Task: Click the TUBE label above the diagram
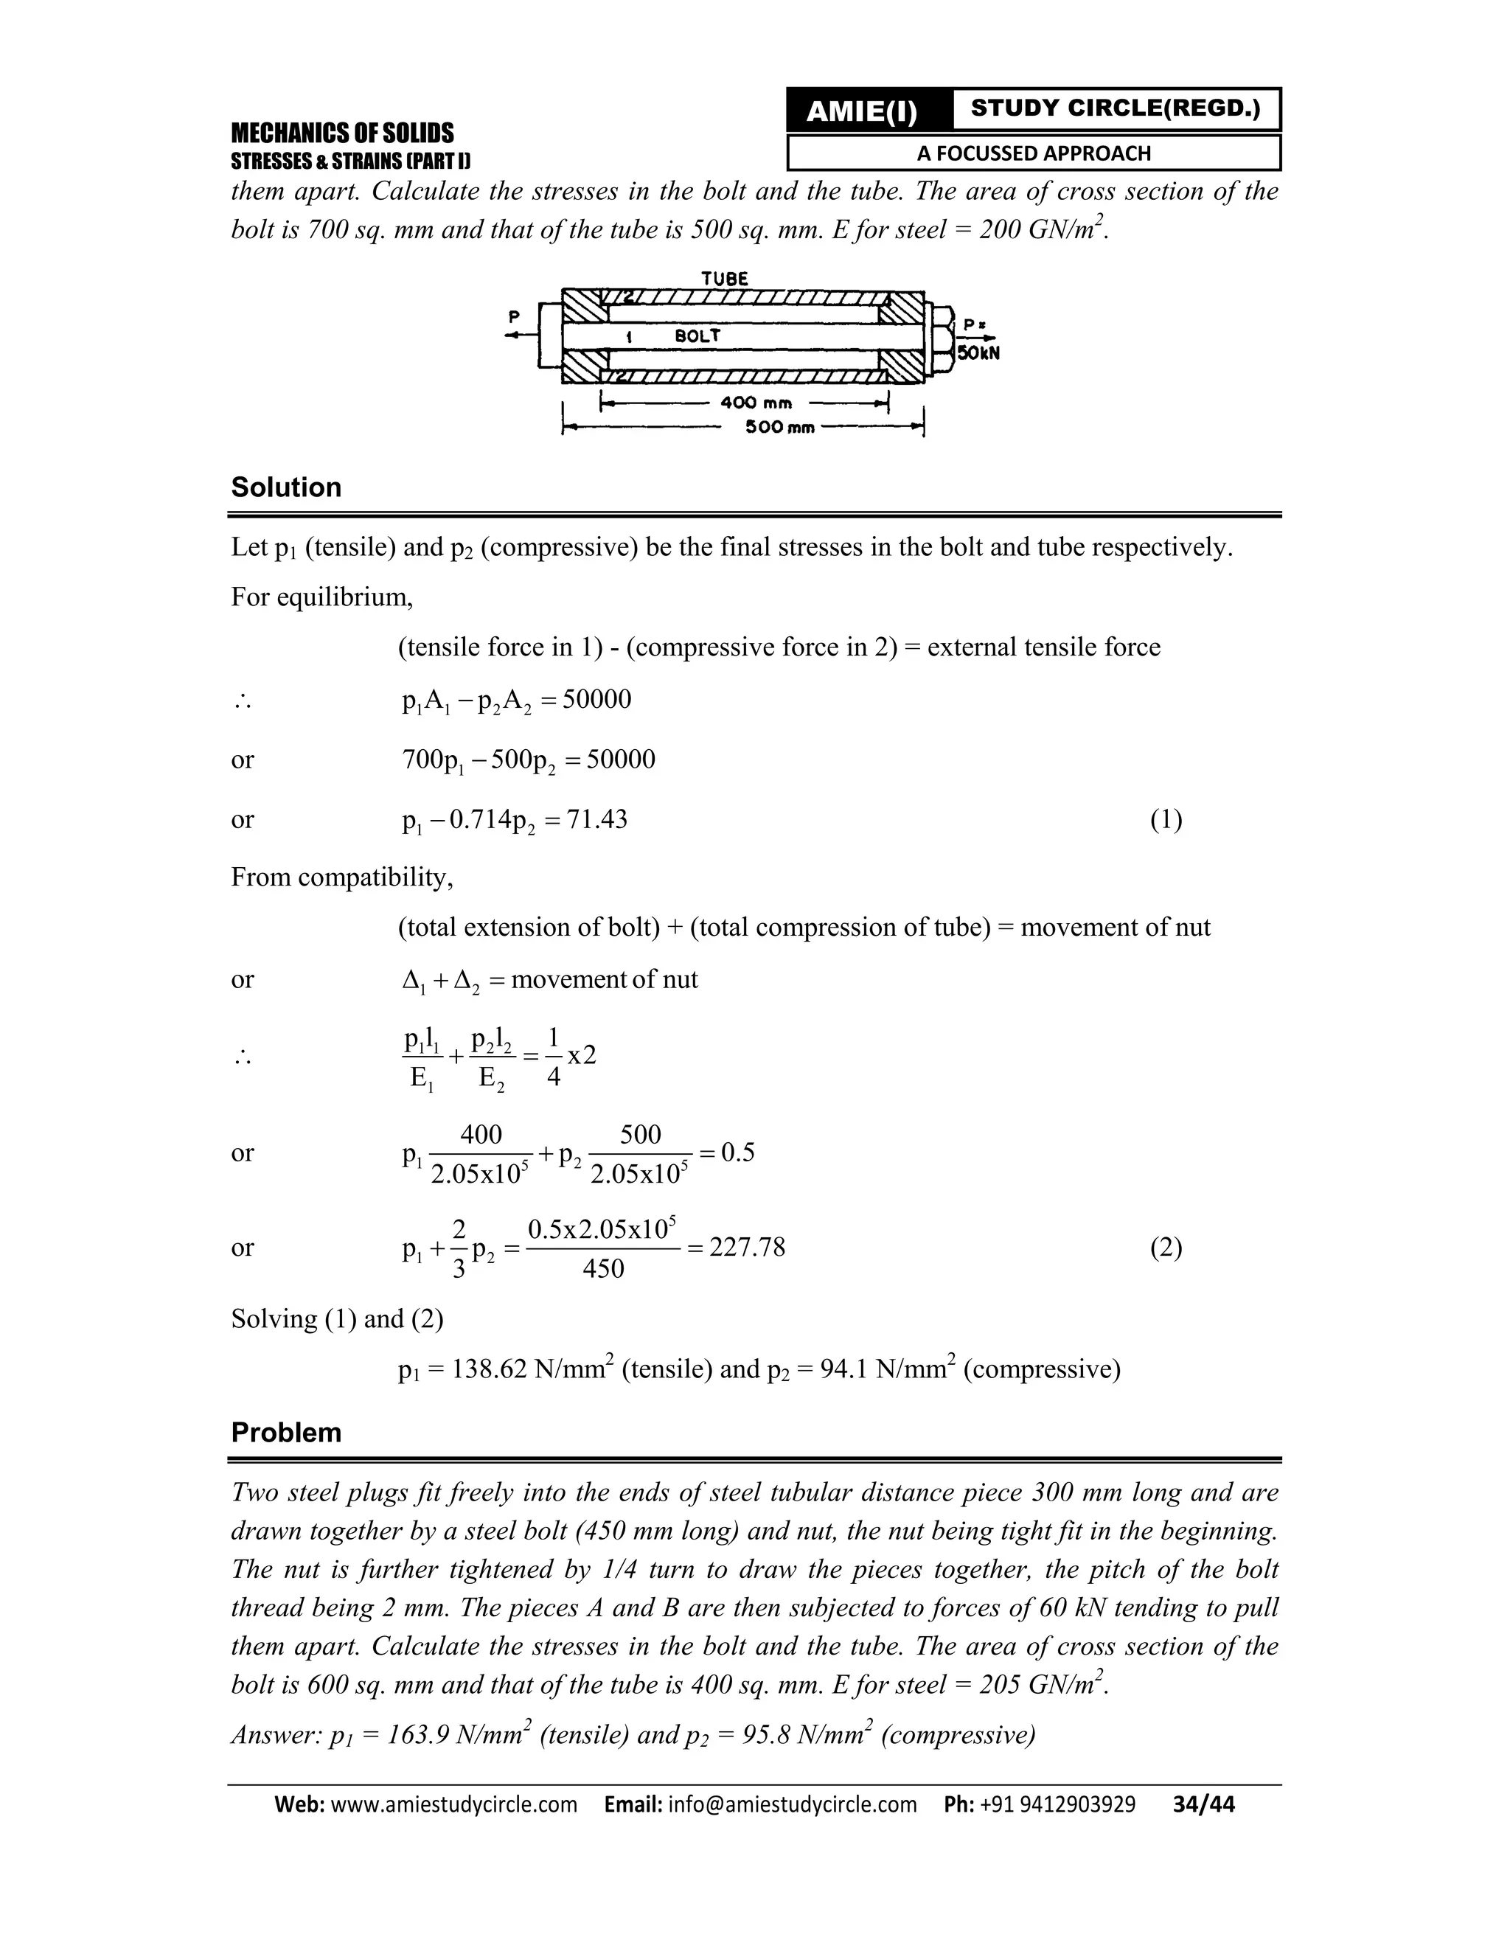point(725,278)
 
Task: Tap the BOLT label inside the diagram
point(697,336)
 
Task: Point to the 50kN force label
point(978,352)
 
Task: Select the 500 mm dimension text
point(780,428)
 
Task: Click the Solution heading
point(286,487)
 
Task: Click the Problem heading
point(286,1433)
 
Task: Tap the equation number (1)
point(1166,819)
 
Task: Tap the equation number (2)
point(1166,1247)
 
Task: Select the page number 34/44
point(1203,1804)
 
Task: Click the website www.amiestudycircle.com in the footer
point(453,1804)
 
